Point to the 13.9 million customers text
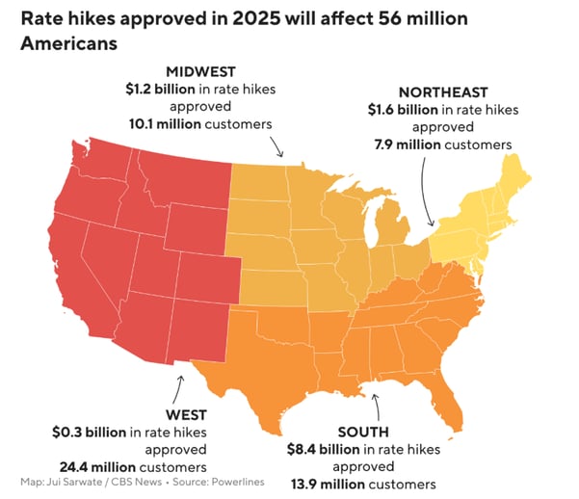(362, 483)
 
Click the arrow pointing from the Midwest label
(276, 146)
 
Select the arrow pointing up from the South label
(377, 404)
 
